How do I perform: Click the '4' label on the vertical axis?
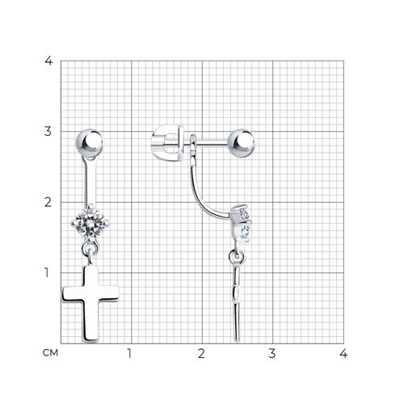48,61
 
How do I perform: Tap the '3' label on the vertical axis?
48,132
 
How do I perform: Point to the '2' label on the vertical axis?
48,202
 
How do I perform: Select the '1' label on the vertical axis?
47,272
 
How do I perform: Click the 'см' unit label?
50,352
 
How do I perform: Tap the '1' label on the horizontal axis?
130,353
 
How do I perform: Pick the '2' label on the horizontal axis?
201,353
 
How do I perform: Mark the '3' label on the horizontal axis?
272,353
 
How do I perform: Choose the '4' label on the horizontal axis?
343,353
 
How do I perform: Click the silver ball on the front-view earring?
90,142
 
